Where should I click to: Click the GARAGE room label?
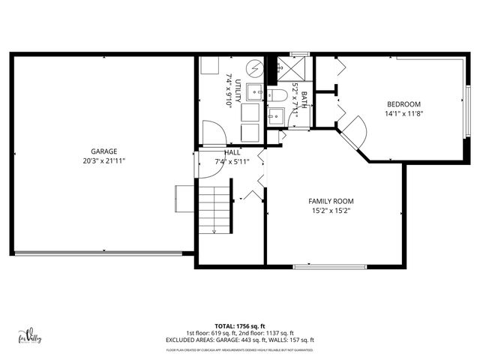(x=105, y=151)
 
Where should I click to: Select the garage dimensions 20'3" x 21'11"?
(x=105, y=160)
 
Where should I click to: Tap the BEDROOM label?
(x=403, y=104)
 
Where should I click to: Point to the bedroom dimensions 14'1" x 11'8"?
(x=403, y=114)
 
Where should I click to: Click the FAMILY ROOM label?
(x=331, y=201)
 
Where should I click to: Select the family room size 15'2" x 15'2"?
(x=331, y=211)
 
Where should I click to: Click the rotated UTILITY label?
(x=238, y=91)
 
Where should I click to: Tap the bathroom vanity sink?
(x=275, y=116)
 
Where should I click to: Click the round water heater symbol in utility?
(x=255, y=68)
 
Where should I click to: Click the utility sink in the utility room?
(x=253, y=93)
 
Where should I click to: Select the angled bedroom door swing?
(x=353, y=132)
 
